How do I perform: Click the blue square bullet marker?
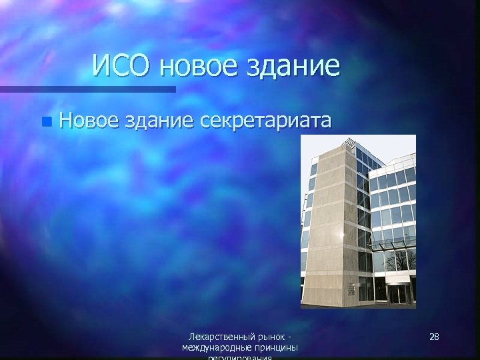pyautogui.click(x=45, y=121)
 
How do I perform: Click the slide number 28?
pyautogui.click(x=434, y=337)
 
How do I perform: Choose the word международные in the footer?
pyautogui.click(x=215, y=348)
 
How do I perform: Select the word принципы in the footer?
pyautogui.click(x=273, y=348)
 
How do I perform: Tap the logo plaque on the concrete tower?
pyautogui.click(x=351, y=288)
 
